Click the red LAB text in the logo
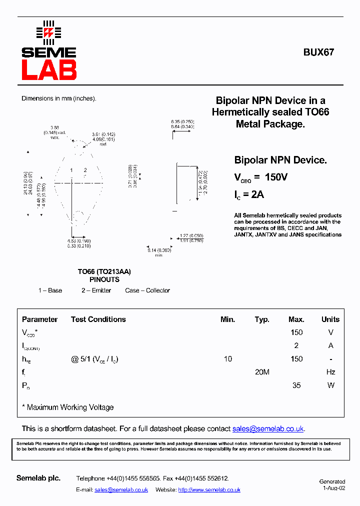[x=49, y=70]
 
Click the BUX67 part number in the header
[x=318, y=52]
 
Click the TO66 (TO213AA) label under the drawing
[x=104, y=271]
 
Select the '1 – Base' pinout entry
[x=50, y=290]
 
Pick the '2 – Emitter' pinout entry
[x=96, y=290]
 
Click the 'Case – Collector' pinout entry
[x=147, y=290]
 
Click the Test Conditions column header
[x=98, y=319]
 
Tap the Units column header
[x=330, y=319]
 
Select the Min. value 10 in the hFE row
[x=227, y=359]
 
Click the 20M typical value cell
[x=262, y=372]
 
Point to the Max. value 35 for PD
[x=296, y=385]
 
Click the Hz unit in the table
[x=330, y=372]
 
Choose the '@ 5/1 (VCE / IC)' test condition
[x=94, y=359]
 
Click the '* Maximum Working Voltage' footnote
[x=68, y=407]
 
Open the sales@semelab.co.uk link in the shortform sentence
[x=268, y=429]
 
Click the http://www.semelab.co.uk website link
[x=209, y=490]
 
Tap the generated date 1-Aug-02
[x=333, y=488]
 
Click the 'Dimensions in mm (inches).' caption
[x=58, y=98]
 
